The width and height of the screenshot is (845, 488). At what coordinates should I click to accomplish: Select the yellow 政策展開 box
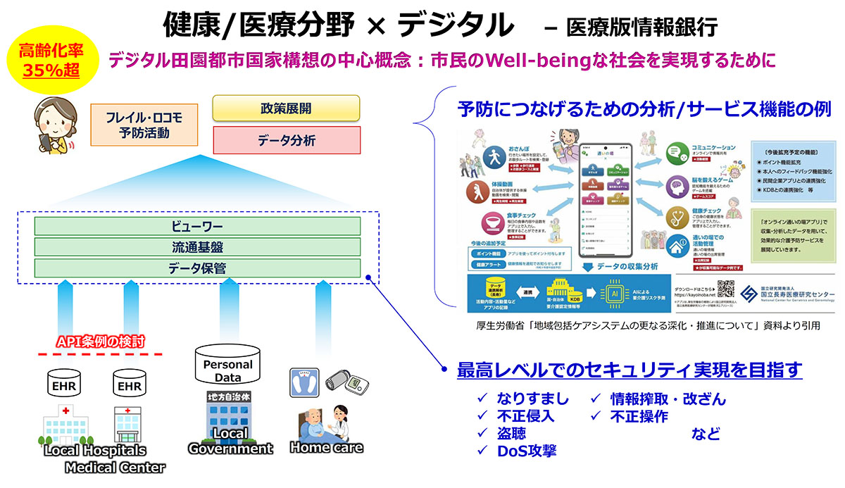(286, 108)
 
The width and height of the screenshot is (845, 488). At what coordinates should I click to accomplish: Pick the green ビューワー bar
(197, 226)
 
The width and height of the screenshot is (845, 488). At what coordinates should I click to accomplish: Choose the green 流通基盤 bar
(197, 247)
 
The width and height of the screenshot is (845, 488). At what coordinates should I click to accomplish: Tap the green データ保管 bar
(197, 268)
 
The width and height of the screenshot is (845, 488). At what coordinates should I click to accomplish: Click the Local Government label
(230, 442)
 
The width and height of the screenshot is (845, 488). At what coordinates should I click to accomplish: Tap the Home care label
(326, 446)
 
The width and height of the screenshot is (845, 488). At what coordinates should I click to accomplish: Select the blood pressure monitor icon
(346, 383)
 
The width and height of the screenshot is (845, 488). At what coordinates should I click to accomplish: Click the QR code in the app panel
(725, 289)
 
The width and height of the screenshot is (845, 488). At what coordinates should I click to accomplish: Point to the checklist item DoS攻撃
(527, 451)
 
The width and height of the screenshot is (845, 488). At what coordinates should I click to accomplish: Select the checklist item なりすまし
(532, 399)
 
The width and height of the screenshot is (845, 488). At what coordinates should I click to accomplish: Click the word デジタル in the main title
(455, 26)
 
